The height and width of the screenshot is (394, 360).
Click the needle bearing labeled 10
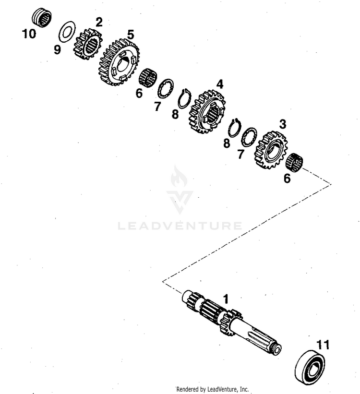[x=42, y=18]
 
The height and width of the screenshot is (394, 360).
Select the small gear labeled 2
[x=88, y=45]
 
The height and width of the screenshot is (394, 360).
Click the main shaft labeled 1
[x=231, y=324]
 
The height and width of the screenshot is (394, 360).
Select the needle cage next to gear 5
[x=148, y=77]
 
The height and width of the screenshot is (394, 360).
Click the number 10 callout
[x=29, y=34]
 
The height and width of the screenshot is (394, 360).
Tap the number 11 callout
[x=323, y=345]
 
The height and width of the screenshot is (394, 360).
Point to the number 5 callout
[x=131, y=35]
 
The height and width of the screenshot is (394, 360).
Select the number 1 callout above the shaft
[x=226, y=299]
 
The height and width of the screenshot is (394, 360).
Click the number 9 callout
[x=57, y=49]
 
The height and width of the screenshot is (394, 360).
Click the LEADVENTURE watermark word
[x=180, y=226]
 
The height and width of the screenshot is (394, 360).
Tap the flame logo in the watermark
[x=179, y=176]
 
